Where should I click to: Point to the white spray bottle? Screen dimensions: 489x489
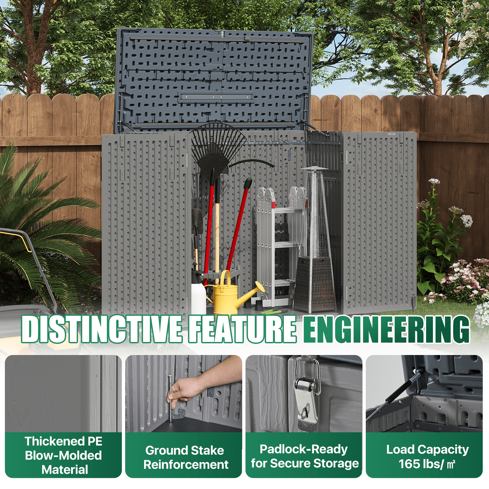coord(198,293)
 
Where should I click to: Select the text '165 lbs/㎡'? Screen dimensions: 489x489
coord(427,464)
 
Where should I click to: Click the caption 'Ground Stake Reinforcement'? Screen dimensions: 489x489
coord(185,457)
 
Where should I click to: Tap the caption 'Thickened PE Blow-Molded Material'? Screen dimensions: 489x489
coord(64,455)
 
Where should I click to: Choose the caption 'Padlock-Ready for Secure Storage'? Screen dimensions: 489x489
coord(304,456)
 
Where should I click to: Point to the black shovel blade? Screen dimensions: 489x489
coord(197,222)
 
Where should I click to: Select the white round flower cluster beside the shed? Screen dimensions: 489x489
coord(467,220)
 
